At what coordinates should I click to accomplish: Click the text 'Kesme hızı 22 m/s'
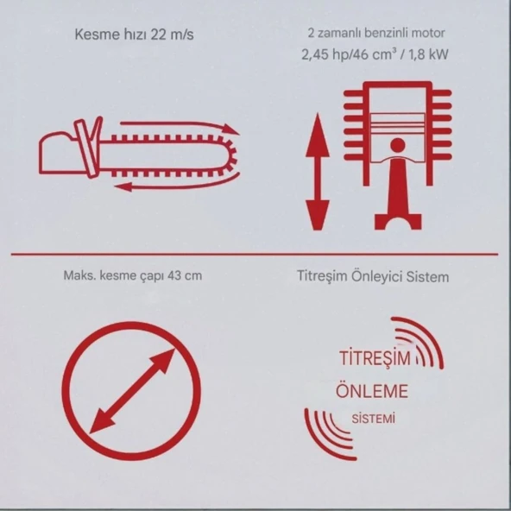pyautogui.click(x=135, y=35)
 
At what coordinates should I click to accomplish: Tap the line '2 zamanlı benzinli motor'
pyautogui.click(x=376, y=33)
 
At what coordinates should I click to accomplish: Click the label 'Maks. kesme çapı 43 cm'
pyautogui.click(x=133, y=275)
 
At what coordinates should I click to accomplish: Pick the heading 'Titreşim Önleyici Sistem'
pyautogui.click(x=373, y=276)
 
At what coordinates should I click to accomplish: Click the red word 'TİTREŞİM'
pyautogui.click(x=375, y=358)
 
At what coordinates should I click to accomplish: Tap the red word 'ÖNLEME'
pyautogui.click(x=372, y=391)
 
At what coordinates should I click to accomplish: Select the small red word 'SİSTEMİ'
pyautogui.click(x=374, y=419)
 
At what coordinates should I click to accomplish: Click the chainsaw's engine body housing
pyautogui.click(x=60, y=153)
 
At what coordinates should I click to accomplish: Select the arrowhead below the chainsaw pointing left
pyautogui.click(x=123, y=186)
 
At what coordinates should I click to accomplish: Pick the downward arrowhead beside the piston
pyautogui.click(x=318, y=215)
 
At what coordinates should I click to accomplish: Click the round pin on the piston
pyautogui.click(x=398, y=145)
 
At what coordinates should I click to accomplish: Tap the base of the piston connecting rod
pyautogui.click(x=398, y=222)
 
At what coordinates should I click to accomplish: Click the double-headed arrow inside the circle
pyautogui.click(x=132, y=391)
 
